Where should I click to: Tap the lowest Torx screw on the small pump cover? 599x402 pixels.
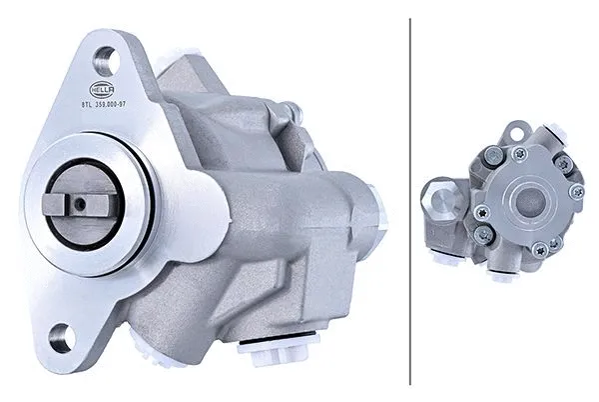coord(540,248)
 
